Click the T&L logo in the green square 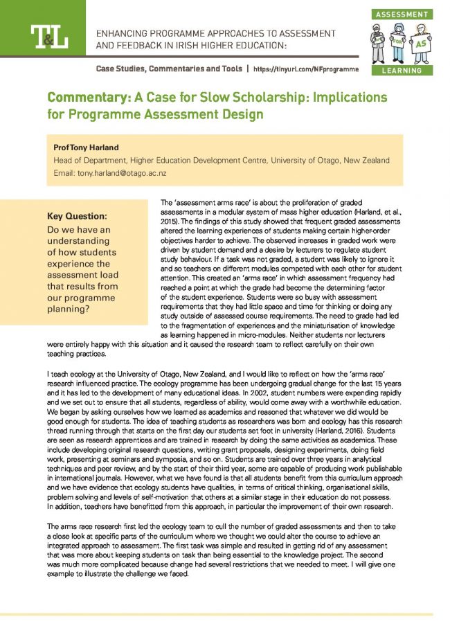(48, 36)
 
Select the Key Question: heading (75, 215)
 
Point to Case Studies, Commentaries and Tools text (169, 69)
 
